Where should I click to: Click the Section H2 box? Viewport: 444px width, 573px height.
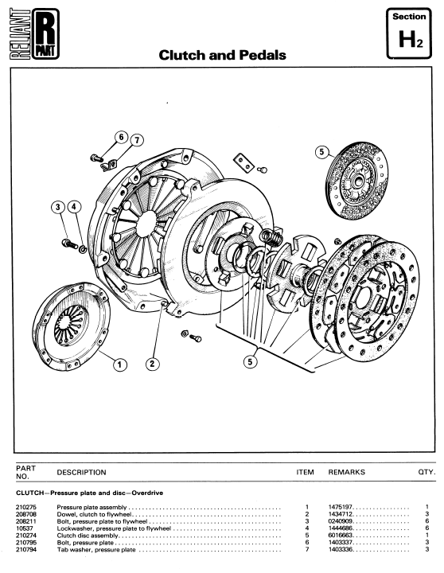pos(409,33)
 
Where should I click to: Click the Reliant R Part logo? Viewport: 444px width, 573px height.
pos(34,33)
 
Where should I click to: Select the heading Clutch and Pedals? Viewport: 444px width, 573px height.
pos(222,55)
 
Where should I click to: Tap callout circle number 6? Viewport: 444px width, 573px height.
pos(121,138)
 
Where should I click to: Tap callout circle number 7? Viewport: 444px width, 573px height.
pos(137,140)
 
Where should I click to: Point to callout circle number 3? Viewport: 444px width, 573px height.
pos(58,207)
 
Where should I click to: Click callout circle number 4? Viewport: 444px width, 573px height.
pos(74,207)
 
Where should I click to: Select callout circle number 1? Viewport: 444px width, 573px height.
pos(120,364)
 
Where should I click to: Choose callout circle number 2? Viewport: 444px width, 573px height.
pos(152,364)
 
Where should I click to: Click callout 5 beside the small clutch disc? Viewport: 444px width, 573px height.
pos(321,152)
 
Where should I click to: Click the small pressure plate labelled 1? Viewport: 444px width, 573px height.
pos(71,325)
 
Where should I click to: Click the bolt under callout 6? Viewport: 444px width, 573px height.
pos(96,158)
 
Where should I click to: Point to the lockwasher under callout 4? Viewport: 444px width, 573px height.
pos(83,249)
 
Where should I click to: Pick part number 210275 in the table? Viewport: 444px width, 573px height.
pos(26,507)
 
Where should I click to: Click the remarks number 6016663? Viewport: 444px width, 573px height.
pos(340,536)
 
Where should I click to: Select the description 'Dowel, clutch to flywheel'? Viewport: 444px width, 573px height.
pos(94,514)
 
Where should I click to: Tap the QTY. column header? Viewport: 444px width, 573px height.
pos(426,472)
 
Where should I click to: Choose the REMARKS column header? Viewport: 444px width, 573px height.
pos(346,472)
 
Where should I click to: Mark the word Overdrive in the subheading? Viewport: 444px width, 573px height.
pos(147,493)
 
